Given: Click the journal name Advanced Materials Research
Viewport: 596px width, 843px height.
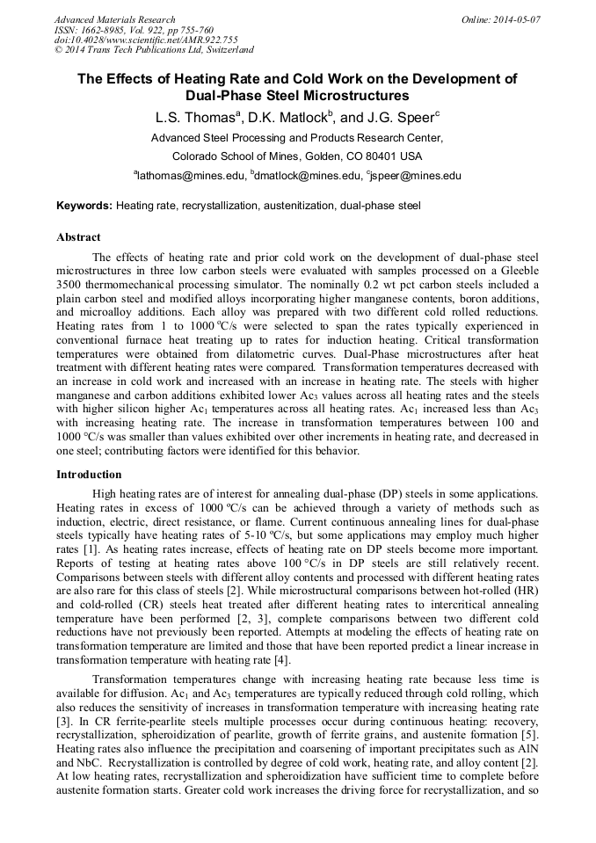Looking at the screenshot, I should [x=114, y=19].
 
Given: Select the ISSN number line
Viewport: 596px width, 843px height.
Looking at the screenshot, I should [x=123, y=30].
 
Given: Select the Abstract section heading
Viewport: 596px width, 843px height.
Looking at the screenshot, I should [x=78, y=237].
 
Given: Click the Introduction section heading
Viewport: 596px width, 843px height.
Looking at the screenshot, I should [x=89, y=474].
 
